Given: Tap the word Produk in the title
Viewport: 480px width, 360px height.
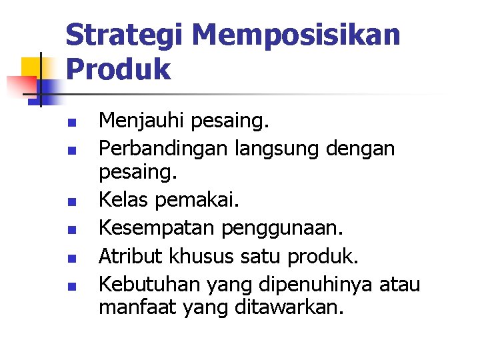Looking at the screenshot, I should point(118,69).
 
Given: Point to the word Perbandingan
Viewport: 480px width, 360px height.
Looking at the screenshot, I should point(164,147).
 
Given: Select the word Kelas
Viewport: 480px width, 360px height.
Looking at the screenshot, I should point(122,199).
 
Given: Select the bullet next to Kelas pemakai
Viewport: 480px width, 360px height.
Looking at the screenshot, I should point(75,201).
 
